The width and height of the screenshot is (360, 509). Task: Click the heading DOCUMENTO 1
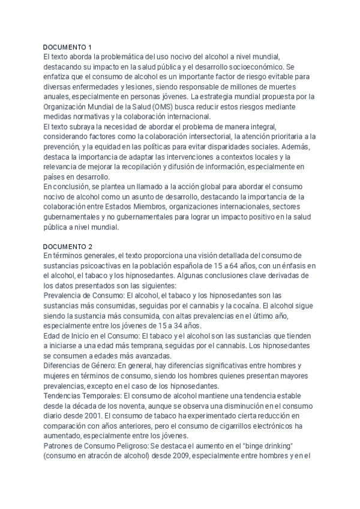click(x=68, y=47)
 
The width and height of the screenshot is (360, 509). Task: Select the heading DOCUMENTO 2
click(x=68, y=247)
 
